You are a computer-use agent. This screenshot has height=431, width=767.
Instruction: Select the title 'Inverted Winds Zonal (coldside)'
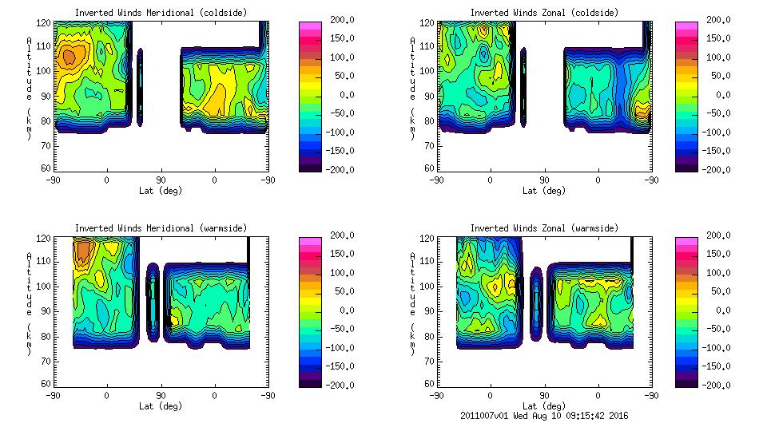click(x=544, y=13)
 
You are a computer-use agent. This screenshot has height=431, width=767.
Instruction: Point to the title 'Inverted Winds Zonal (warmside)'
click(x=544, y=228)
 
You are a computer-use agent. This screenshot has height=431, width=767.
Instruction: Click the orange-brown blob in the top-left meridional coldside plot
click(x=70, y=57)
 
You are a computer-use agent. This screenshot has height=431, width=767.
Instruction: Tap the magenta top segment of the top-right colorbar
click(x=686, y=25)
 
